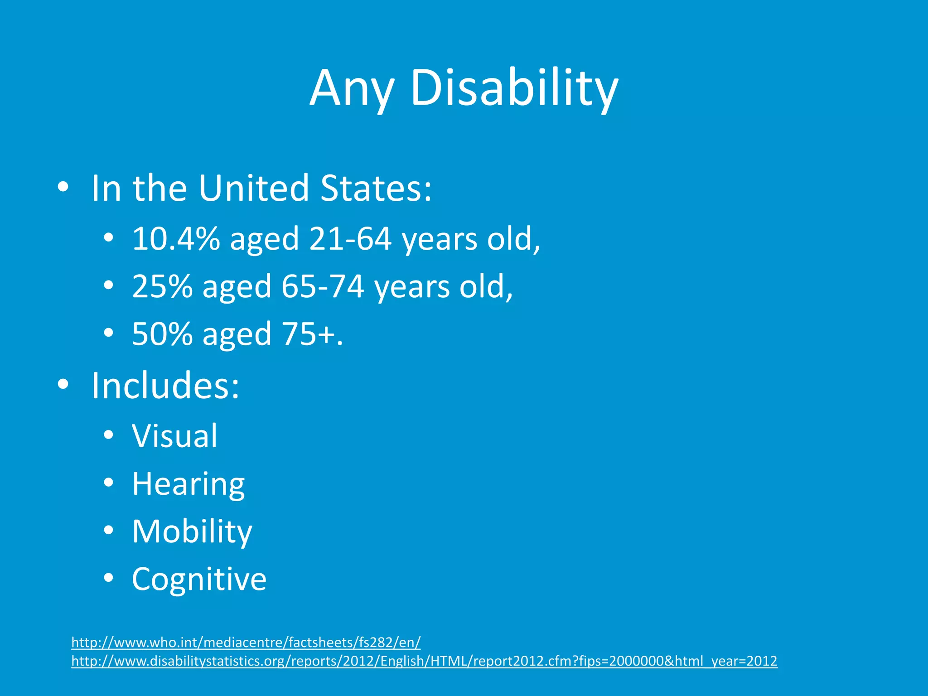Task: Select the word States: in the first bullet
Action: pyautogui.click(x=376, y=188)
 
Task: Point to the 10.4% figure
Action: pyautogui.click(x=176, y=239)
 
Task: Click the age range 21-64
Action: pyautogui.click(x=350, y=239)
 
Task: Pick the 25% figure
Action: pyautogui.click(x=162, y=286)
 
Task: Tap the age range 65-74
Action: pyautogui.click(x=322, y=286)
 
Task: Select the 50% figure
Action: pyautogui.click(x=162, y=334)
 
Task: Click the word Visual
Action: pyautogui.click(x=174, y=436)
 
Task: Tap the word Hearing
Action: pyautogui.click(x=188, y=484)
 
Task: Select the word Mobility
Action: pyautogui.click(x=192, y=532)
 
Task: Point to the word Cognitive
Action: pyautogui.click(x=199, y=579)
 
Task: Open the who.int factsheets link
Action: pyautogui.click(x=246, y=642)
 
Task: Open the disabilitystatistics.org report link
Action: pyautogui.click(x=424, y=661)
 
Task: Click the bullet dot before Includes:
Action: pyautogui.click(x=63, y=385)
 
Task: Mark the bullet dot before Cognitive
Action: pyautogui.click(x=108, y=578)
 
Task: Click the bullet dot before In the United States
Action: pyautogui.click(x=63, y=187)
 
